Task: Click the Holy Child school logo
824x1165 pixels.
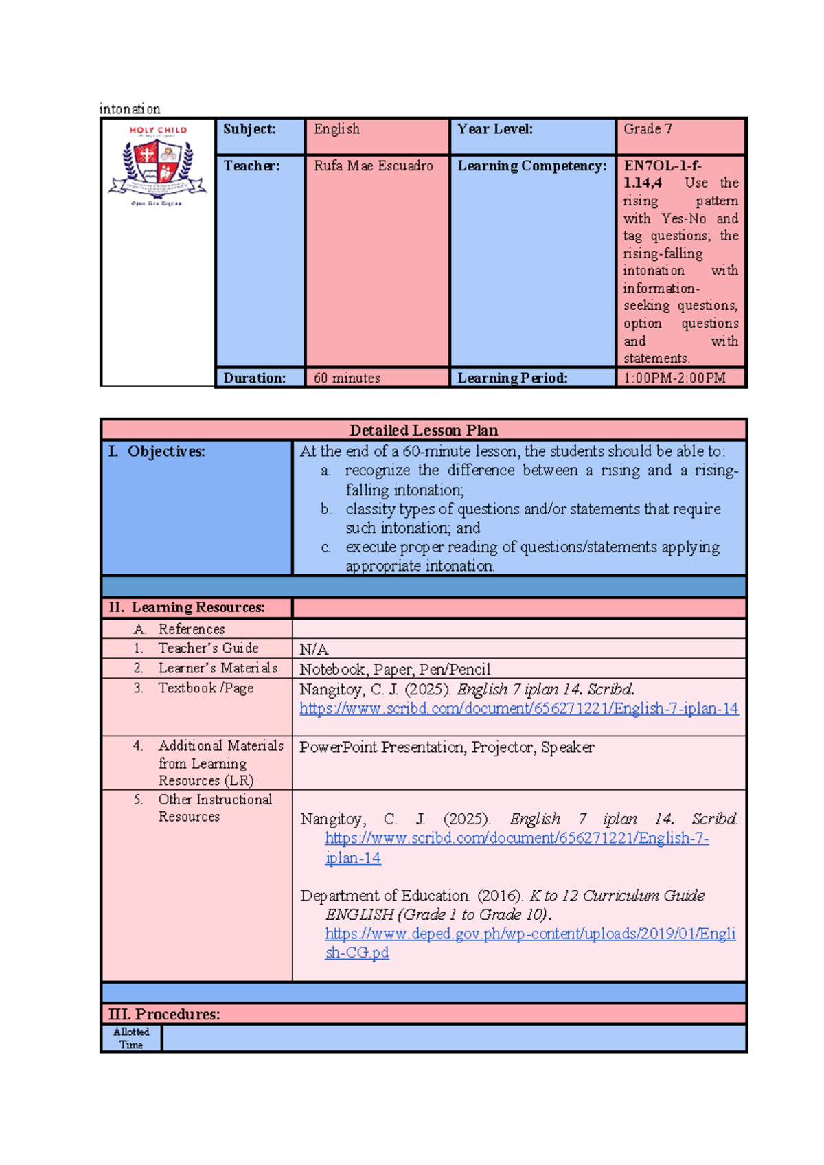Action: click(158, 166)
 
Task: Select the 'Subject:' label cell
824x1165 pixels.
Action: click(249, 129)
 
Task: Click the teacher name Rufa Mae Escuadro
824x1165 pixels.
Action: click(374, 166)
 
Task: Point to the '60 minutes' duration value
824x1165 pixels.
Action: click(347, 378)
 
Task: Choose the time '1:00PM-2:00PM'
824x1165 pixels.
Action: click(674, 378)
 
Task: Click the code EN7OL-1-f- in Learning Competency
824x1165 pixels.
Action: click(662, 166)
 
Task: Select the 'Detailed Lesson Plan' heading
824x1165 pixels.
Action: click(424, 430)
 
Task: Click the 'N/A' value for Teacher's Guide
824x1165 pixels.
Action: click(314, 649)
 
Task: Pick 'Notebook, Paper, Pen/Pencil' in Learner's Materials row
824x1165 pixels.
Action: click(395, 669)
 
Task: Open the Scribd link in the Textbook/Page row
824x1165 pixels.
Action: click(518, 708)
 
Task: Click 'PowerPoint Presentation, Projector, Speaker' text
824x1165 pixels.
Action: click(446, 747)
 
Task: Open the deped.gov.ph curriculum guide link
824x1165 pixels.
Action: click(529, 934)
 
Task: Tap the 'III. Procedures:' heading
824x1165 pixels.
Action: click(164, 1014)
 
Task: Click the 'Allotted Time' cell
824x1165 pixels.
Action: click(131, 1038)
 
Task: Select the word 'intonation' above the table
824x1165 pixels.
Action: click(130, 109)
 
